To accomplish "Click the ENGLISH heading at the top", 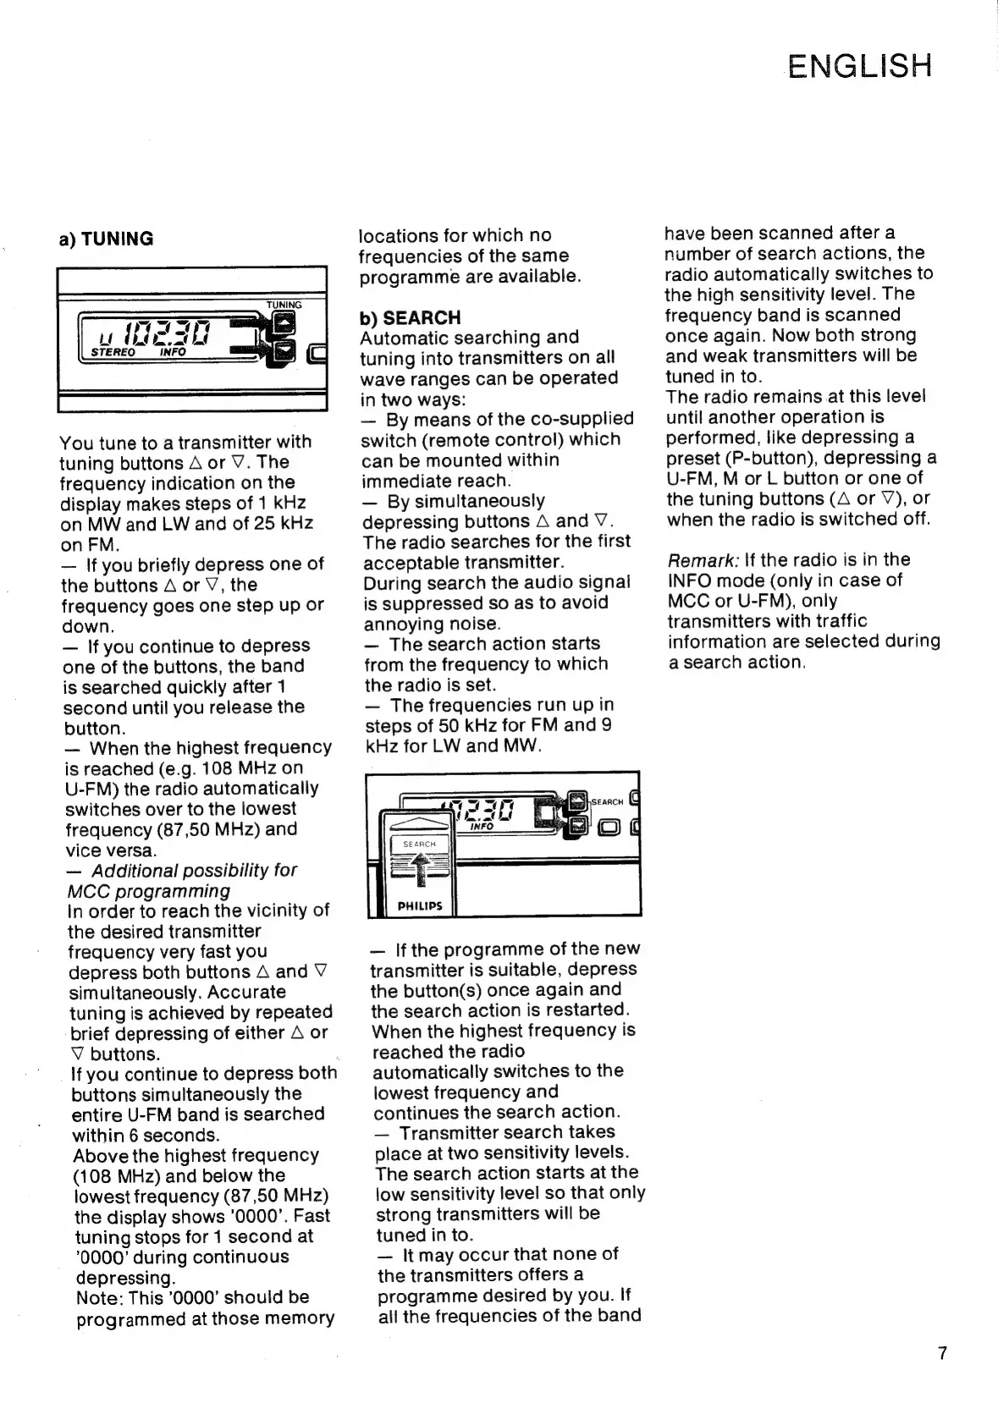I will pyautogui.click(x=858, y=66).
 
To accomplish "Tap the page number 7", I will pyautogui.click(x=943, y=1353).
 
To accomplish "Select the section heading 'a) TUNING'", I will pyautogui.click(x=106, y=239).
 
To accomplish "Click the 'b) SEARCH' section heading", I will pyautogui.click(x=410, y=317).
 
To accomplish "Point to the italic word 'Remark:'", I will pyautogui.click(x=703, y=560).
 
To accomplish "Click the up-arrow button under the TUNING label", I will pyautogui.click(x=286, y=322).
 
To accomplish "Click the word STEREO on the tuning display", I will pyautogui.click(x=113, y=352).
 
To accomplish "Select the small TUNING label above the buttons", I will pyautogui.click(x=284, y=305).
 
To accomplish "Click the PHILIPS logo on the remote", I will pyautogui.click(x=420, y=905).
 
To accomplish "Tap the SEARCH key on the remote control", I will pyautogui.click(x=419, y=844).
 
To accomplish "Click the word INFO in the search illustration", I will pyautogui.click(x=482, y=827).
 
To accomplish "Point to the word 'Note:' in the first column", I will pyautogui.click(x=99, y=1298).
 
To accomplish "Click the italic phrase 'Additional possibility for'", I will pyautogui.click(x=194, y=871).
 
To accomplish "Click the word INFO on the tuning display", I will pyautogui.click(x=173, y=352).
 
